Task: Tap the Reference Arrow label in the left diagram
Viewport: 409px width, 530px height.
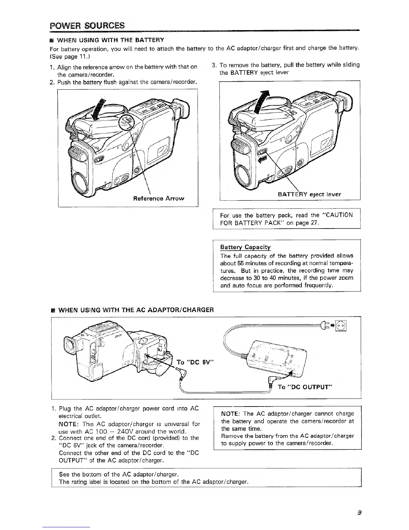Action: point(158,198)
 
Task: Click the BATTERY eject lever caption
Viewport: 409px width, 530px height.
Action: point(309,194)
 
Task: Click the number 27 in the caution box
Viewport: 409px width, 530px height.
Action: point(315,223)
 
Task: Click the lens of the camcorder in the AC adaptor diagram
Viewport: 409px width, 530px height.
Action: point(71,346)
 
